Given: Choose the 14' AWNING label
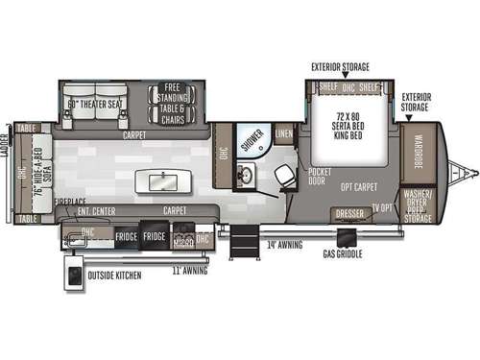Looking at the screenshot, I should coord(285,245).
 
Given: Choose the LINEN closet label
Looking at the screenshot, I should coord(284,133).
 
